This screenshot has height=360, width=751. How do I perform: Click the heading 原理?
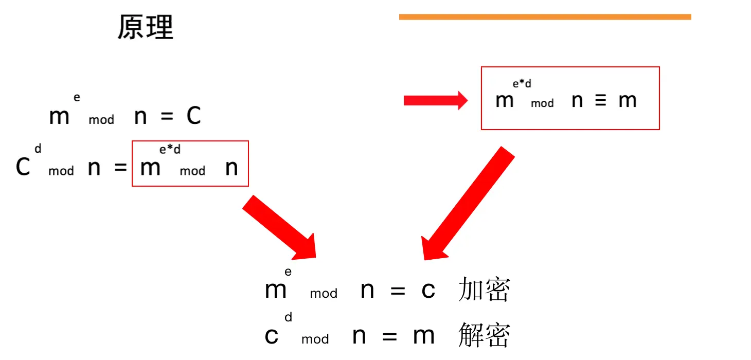146,27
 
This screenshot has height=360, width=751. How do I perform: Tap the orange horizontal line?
545,17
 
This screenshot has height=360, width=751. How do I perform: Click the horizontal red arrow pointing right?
435,101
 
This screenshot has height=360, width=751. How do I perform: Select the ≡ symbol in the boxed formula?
600,101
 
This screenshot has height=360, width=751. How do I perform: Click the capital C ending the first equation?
193,117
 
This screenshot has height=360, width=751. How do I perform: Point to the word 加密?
484,291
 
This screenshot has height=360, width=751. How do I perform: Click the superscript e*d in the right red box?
522,84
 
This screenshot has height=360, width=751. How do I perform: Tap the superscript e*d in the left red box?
170,150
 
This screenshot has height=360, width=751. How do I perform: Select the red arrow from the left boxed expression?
280,228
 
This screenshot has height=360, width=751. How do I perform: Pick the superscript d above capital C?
38,149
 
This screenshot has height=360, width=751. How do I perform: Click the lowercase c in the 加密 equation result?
428,291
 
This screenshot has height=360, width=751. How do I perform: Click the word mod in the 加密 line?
324,294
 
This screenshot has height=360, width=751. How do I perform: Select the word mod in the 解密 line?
315,339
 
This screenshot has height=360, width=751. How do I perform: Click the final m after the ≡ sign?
628,101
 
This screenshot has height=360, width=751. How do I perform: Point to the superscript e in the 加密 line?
288,272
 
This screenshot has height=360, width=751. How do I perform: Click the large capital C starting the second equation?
23,167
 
